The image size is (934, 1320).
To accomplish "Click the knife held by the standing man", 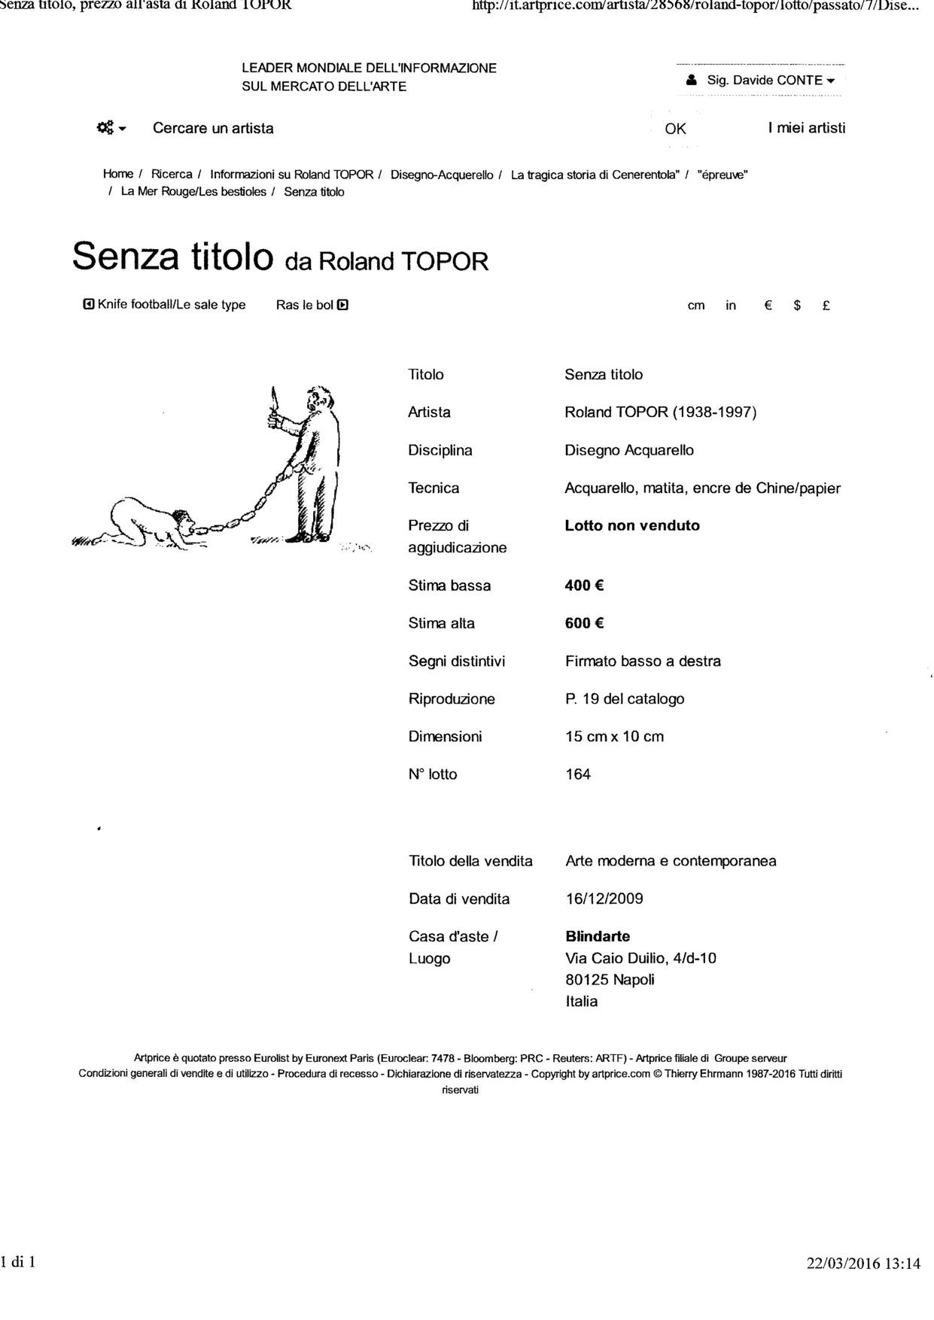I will [273, 400].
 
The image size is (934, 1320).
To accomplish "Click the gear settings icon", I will [105, 128].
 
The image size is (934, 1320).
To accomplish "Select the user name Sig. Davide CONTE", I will [764, 81].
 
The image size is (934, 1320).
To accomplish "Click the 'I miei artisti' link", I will [807, 128].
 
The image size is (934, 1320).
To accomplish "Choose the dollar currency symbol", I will [797, 306].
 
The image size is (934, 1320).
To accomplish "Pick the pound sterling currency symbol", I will [826, 306].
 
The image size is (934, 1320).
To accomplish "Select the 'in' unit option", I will [731, 306].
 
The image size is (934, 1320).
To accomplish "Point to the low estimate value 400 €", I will [585, 585].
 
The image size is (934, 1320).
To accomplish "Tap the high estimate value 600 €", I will [585, 623].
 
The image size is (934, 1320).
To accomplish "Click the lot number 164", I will [578, 774].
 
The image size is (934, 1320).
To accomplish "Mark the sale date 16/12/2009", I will [604, 899].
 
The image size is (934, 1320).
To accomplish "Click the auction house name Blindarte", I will [598, 936].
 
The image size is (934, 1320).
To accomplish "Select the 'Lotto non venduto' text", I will [632, 525].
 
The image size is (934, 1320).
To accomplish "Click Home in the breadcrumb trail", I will [118, 175].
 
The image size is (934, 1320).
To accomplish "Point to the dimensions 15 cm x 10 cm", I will [614, 737].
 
